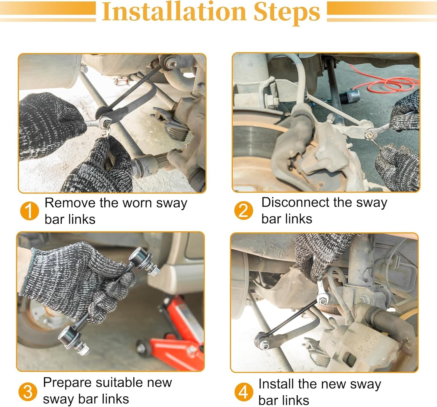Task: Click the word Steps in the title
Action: point(287,13)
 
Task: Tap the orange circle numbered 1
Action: point(29,211)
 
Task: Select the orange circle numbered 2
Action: point(244,210)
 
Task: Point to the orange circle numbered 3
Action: point(28,392)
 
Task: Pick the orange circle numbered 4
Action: point(244,392)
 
